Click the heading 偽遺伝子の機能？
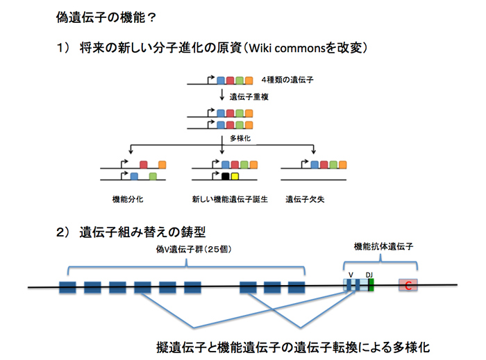pos(106,17)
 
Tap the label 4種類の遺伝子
pos(287,80)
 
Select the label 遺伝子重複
pos(249,97)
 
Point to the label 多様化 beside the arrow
pos(240,138)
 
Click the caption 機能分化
pos(128,199)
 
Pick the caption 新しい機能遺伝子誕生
pos(230,199)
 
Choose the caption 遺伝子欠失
pos(305,199)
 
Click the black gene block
pos(226,176)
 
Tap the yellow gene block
pos(235,176)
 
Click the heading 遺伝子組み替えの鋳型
pos(142,232)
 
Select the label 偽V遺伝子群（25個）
pos(194,249)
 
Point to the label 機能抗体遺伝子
pos(383,246)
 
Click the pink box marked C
pos(408,285)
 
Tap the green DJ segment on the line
pos(371,285)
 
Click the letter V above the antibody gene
pos(351,275)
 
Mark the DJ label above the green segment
pos(369,275)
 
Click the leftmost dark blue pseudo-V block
pos(67,287)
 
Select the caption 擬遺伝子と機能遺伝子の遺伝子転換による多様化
pos(293,348)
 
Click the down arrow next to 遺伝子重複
pos(222,95)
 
